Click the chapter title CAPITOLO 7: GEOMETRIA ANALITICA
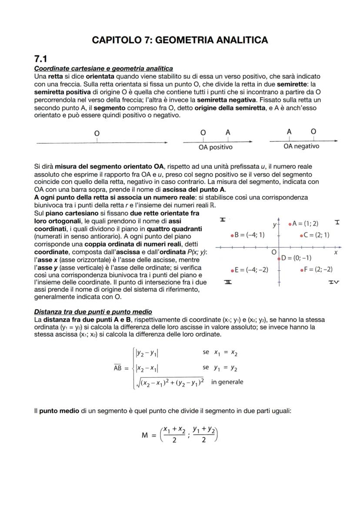[180, 40]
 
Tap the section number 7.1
[41, 59]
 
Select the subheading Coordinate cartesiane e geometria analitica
[103, 69]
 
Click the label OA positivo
[215, 147]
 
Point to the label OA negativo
[301, 146]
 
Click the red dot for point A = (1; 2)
[290, 224]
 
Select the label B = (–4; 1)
[250, 235]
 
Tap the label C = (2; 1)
[316, 235]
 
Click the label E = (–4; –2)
[251, 269]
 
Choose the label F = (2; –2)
[318, 269]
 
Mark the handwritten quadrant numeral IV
[333, 282]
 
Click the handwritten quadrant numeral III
[228, 282]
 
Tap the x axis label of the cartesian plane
[335, 252]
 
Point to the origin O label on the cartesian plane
[273, 252]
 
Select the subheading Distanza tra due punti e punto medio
[93, 312]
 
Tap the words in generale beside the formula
[227, 382]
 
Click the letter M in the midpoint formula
[145, 435]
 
